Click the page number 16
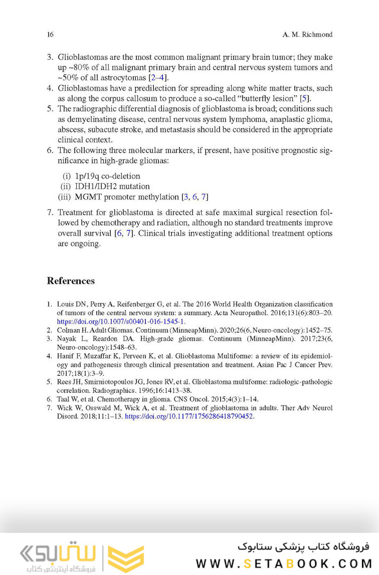[x=51, y=35]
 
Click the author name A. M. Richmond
[x=308, y=35]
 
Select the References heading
[x=71, y=281]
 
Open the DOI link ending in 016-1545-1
[x=121, y=321]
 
